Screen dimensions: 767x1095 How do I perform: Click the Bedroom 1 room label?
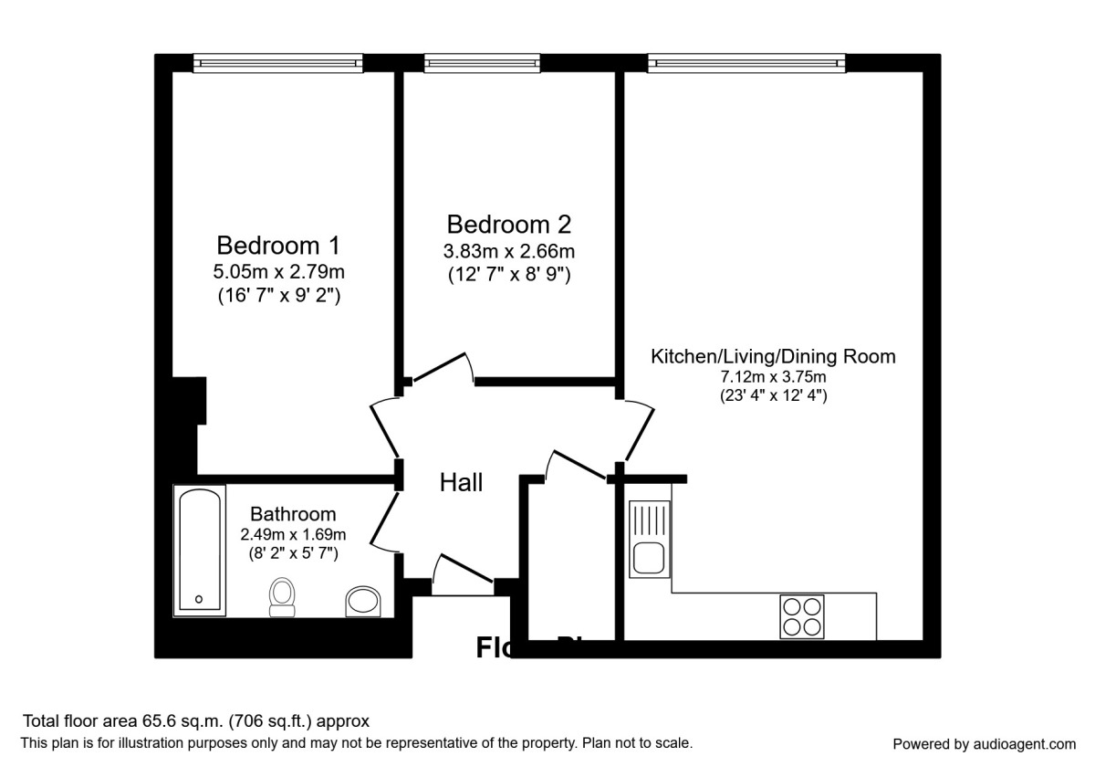tap(278, 246)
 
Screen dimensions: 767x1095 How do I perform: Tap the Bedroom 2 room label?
tap(509, 224)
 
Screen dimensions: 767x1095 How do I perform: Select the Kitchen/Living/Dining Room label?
tap(772, 356)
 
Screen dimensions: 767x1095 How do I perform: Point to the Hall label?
tap(462, 483)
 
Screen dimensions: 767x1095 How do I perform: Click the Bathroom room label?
tap(293, 514)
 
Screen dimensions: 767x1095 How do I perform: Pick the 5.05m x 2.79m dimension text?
tap(278, 271)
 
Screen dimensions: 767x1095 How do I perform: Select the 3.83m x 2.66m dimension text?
tap(509, 250)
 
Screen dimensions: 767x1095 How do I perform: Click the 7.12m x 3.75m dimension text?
tap(772, 376)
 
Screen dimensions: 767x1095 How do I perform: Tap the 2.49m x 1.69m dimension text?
tap(293, 534)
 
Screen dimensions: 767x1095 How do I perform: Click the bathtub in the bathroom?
tap(200, 551)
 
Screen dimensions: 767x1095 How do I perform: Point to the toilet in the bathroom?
tap(283, 598)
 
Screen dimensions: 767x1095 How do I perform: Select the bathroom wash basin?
tap(364, 603)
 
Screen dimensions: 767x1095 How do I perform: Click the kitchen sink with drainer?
tap(649, 540)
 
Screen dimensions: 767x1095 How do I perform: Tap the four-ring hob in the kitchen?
tap(802, 615)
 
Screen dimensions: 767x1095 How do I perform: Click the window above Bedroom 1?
tap(278, 63)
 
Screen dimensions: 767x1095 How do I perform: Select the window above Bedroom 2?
tap(484, 63)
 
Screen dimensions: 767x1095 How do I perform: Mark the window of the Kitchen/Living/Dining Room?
tap(746, 63)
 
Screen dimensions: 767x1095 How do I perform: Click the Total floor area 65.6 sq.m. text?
tap(196, 721)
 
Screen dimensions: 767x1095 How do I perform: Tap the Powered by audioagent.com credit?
tap(984, 743)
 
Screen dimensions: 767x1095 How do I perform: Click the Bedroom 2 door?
tap(441, 368)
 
